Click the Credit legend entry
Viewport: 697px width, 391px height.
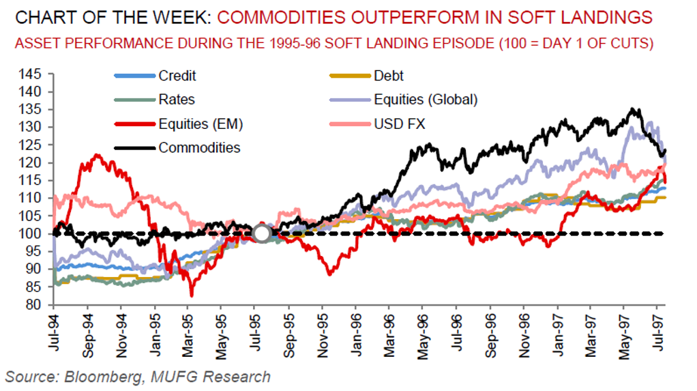coord(177,76)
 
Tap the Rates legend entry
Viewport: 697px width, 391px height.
coord(176,100)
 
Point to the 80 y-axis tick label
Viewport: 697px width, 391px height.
coord(35,305)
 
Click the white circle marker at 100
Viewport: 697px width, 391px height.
coord(262,233)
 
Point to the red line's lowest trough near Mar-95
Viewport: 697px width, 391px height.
coord(192,295)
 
